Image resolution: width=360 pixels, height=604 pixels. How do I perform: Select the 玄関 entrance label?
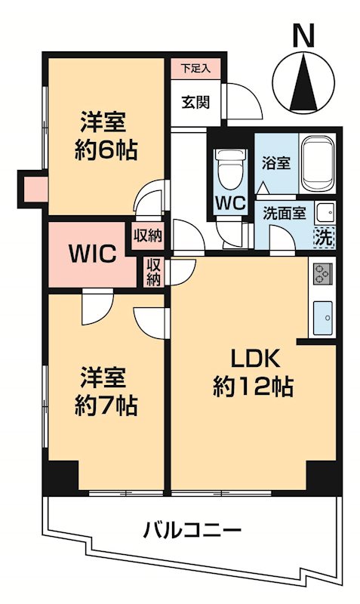195,103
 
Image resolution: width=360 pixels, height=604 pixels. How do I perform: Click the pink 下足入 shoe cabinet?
195,68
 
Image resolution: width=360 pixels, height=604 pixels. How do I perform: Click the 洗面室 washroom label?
284,214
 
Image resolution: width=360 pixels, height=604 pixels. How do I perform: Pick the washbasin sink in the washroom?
325,211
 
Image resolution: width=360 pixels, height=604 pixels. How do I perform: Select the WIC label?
93,253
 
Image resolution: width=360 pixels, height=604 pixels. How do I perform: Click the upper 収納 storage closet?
148,235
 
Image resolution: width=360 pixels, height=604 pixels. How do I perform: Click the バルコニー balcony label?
192,529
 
